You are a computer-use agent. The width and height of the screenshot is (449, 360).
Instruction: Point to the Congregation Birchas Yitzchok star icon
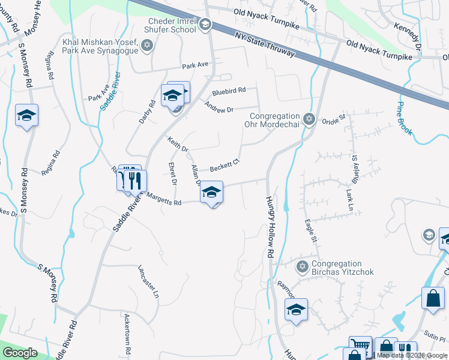pos(303,266)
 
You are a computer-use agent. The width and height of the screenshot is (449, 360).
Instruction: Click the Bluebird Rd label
pos(229,91)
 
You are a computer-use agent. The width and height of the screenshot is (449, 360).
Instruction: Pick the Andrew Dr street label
pos(218,109)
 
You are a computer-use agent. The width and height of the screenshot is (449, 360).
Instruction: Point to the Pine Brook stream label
pos(405,118)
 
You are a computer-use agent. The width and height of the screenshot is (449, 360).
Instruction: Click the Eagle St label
pos(311,230)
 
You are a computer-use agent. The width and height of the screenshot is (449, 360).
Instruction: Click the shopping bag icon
pos(433,298)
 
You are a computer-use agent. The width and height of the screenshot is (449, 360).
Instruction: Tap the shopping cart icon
pos(360,345)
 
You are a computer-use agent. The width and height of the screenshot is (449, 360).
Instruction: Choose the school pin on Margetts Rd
pos(211,193)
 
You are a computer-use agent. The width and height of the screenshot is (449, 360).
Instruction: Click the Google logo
pos(20,353)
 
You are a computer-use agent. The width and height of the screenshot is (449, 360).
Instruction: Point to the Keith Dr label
pos(178,145)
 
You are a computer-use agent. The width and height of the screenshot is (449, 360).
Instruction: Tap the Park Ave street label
pos(195,64)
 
